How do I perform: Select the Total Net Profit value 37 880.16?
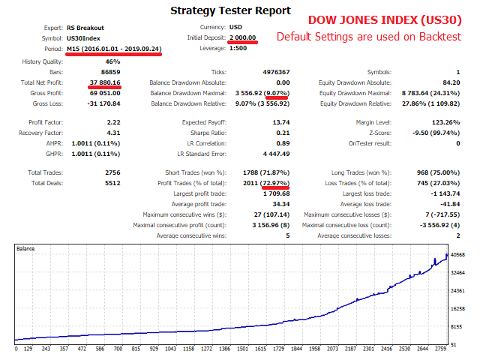tap(105, 82)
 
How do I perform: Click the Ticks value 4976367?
tap(274, 72)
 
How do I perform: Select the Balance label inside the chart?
tap(25, 247)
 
